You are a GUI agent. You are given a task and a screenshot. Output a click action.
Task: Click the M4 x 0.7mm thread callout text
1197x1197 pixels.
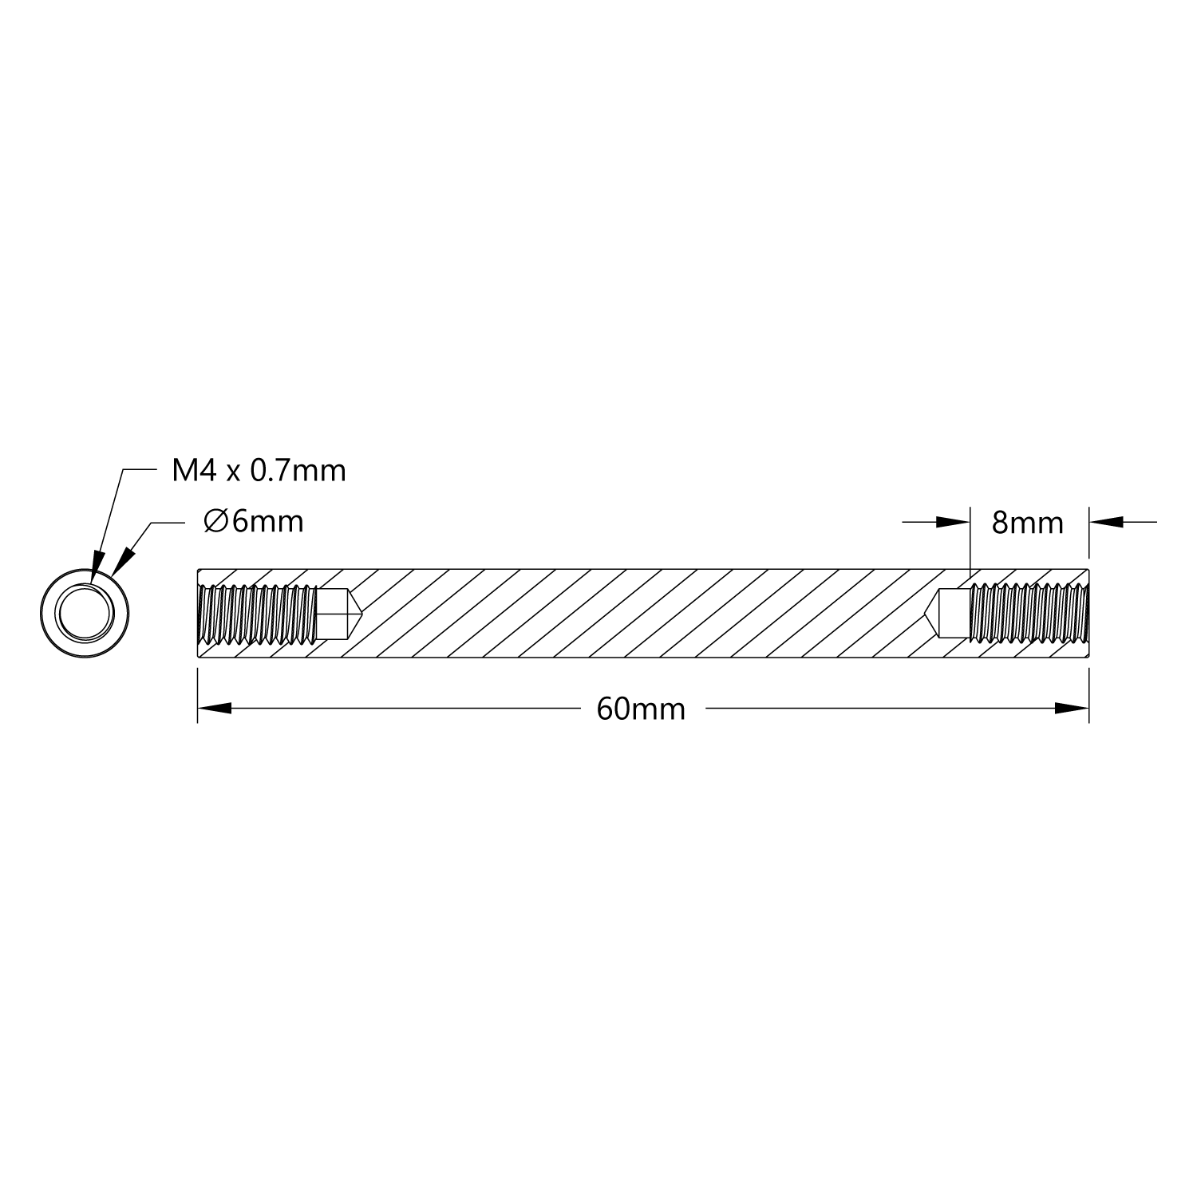[x=259, y=471]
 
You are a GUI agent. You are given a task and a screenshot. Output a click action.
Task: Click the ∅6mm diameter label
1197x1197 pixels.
[x=254, y=522]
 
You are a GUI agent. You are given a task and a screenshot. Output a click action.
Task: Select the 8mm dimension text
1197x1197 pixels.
[x=1027, y=523]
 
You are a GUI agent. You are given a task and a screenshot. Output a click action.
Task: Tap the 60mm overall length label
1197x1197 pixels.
[x=641, y=709]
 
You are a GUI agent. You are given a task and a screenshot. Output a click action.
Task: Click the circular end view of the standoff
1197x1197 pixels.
[x=85, y=612]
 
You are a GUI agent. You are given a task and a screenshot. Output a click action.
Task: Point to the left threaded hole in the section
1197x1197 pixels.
[x=257, y=613]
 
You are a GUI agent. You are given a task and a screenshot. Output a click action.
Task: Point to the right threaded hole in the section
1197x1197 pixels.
[x=1029, y=613]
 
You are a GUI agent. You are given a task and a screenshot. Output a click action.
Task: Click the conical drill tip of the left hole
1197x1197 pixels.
[x=355, y=613]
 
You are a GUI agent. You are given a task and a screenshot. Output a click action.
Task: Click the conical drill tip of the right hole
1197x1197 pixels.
[x=932, y=613]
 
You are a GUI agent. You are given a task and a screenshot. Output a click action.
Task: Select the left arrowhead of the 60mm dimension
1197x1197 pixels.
[x=215, y=708]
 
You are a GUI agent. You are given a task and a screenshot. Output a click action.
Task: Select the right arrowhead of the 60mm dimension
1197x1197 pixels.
[x=1072, y=708]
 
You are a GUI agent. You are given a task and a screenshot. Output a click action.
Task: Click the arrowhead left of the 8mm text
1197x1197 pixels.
[x=952, y=522]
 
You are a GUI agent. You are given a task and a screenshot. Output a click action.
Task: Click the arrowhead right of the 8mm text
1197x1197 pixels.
[x=1107, y=522]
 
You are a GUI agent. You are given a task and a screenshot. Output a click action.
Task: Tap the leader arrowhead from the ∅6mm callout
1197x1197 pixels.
[x=122, y=561]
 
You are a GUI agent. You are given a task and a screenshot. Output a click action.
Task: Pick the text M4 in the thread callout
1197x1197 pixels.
[x=194, y=471]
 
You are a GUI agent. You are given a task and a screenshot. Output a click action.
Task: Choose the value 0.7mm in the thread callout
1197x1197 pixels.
[x=298, y=471]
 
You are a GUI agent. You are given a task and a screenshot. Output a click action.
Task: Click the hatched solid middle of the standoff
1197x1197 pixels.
[x=638, y=613]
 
